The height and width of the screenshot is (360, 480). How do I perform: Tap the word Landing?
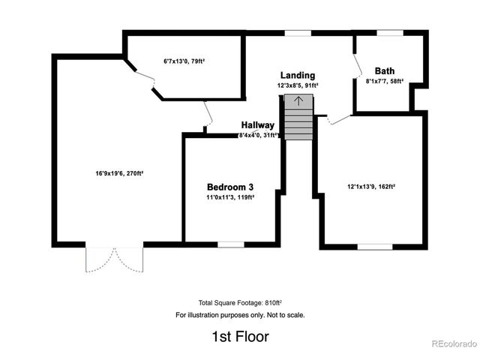298,76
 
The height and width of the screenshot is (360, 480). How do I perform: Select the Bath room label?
385,71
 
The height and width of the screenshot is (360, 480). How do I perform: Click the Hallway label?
257,125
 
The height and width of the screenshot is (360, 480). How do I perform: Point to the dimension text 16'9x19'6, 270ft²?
119,172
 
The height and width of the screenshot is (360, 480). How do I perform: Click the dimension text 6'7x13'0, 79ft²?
184,61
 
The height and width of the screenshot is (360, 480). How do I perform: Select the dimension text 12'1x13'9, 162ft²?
372,186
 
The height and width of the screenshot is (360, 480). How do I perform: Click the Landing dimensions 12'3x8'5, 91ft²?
298,85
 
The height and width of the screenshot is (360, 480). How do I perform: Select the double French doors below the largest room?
115,259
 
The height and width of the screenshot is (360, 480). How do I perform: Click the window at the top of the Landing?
298,33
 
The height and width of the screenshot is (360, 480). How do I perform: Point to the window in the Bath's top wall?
387,33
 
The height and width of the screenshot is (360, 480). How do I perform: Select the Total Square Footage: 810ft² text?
240,301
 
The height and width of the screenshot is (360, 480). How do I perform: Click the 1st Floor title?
240,337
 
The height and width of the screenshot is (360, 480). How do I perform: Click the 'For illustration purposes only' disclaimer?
240,315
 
